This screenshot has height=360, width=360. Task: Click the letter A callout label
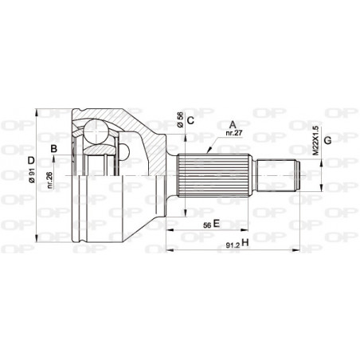click(x=232, y=123)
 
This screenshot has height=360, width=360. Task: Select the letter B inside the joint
click(x=53, y=150)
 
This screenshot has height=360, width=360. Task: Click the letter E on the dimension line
click(x=216, y=225)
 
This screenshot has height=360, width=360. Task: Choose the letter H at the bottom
click(x=245, y=243)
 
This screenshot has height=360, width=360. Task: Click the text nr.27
click(x=233, y=135)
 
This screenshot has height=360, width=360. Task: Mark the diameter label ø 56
click(x=181, y=119)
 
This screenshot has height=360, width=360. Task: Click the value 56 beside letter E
click(x=206, y=225)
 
